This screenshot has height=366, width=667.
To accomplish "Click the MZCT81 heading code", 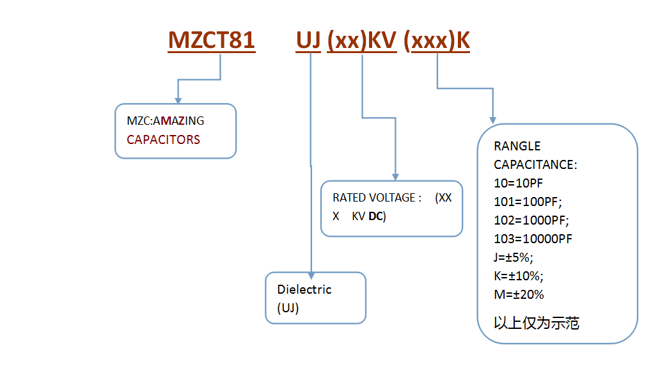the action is click(212, 40).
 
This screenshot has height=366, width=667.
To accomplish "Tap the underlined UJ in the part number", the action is click(308, 40).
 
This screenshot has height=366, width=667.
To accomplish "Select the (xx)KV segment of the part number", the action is click(361, 41).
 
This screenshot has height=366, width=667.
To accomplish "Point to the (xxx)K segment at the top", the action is click(436, 41).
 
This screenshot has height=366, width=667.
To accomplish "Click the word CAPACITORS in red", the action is click(163, 139).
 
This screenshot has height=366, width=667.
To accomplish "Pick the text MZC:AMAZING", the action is click(165, 121).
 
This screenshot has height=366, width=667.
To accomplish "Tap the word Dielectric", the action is click(304, 289).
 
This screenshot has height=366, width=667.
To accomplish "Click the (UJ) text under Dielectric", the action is click(288, 308).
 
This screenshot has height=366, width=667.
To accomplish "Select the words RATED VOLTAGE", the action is click(374, 198).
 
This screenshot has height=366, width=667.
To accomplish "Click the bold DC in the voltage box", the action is click(375, 216).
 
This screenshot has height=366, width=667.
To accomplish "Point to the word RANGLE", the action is click(517, 146).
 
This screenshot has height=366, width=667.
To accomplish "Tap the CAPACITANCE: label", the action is click(535, 164).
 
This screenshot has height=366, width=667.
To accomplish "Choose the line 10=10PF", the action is click(518, 183).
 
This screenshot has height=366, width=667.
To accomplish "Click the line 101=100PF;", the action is click(528, 202).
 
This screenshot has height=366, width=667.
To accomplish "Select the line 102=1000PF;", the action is click(531, 220).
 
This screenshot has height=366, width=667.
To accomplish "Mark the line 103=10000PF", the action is click(533, 239).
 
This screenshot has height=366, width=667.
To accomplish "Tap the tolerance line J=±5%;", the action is click(514, 257).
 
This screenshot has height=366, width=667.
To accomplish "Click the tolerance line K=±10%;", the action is click(519, 276).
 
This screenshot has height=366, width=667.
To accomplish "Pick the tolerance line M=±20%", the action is click(519, 294).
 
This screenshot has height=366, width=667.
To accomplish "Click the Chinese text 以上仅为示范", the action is click(537, 323).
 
